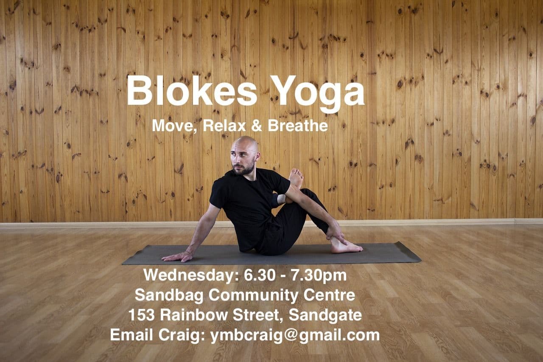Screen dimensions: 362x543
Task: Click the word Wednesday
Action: [x=190, y=275]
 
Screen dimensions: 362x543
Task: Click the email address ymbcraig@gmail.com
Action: [x=295, y=335]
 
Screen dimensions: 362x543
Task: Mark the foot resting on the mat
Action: [x=344, y=247]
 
